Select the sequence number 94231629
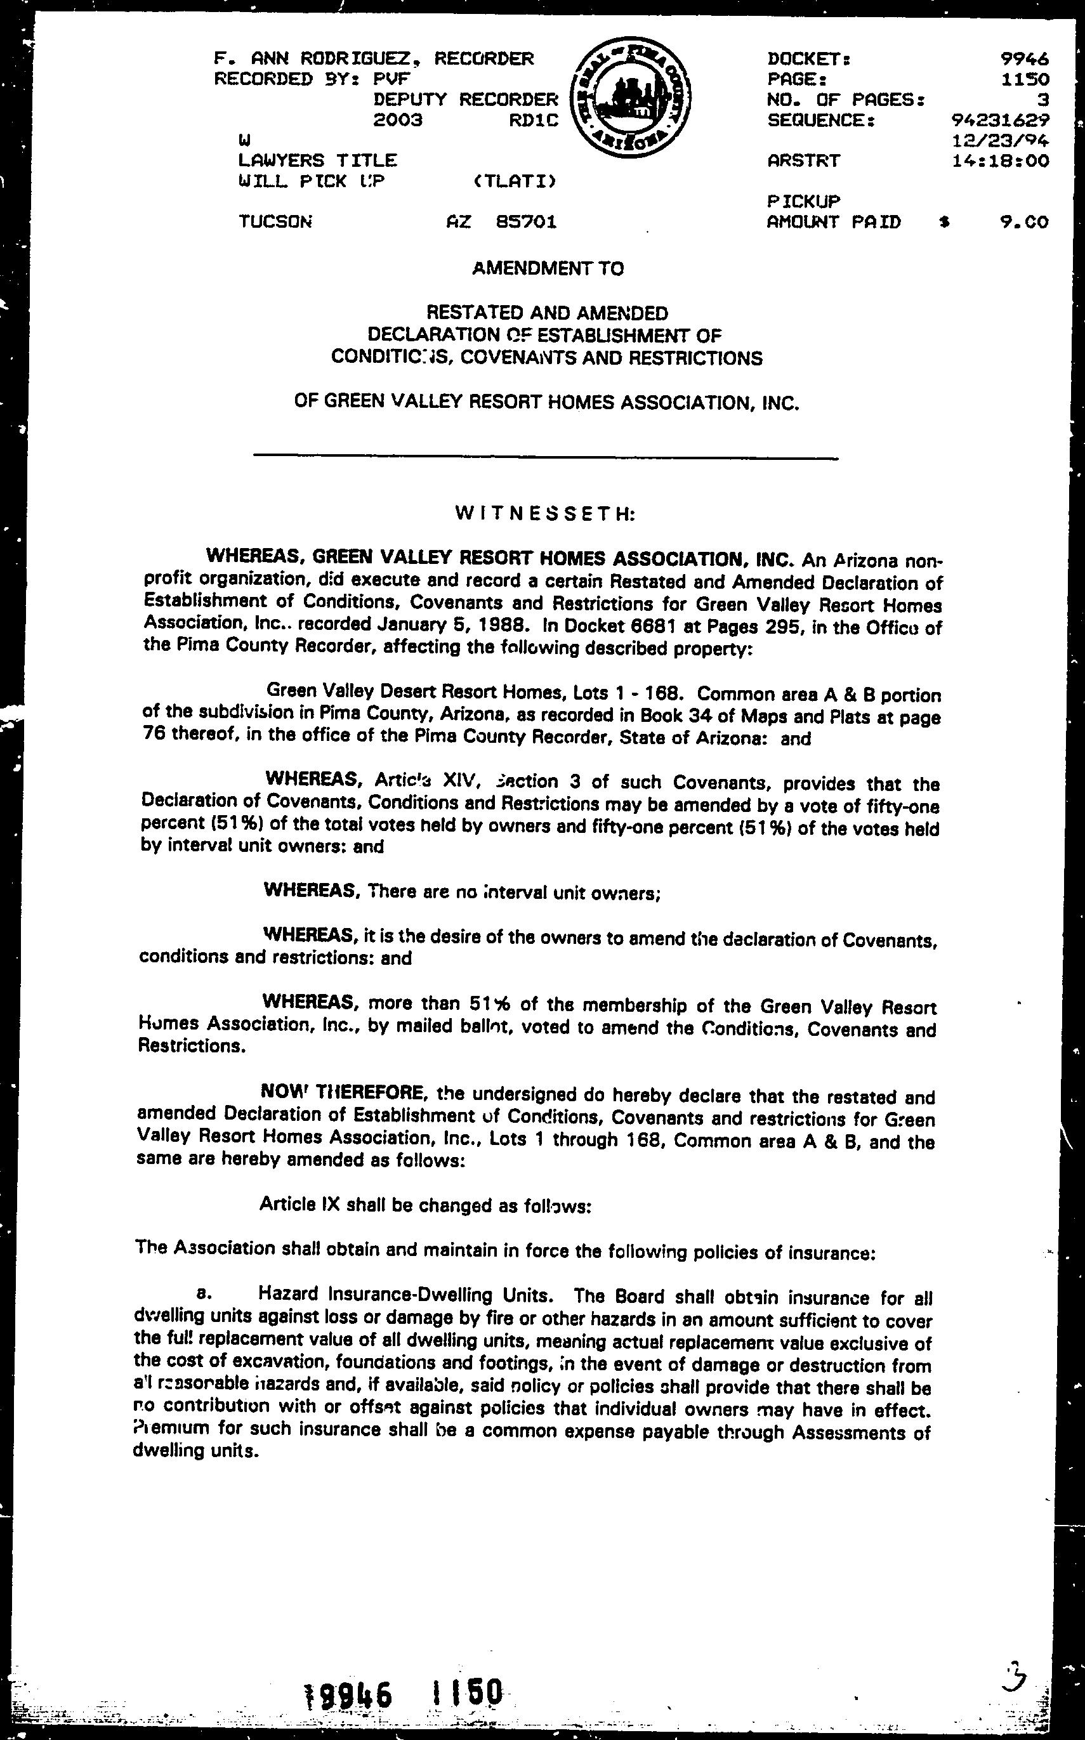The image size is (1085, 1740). [999, 120]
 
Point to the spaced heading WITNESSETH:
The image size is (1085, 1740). [544, 514]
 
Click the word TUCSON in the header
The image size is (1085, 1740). [275, 223]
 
